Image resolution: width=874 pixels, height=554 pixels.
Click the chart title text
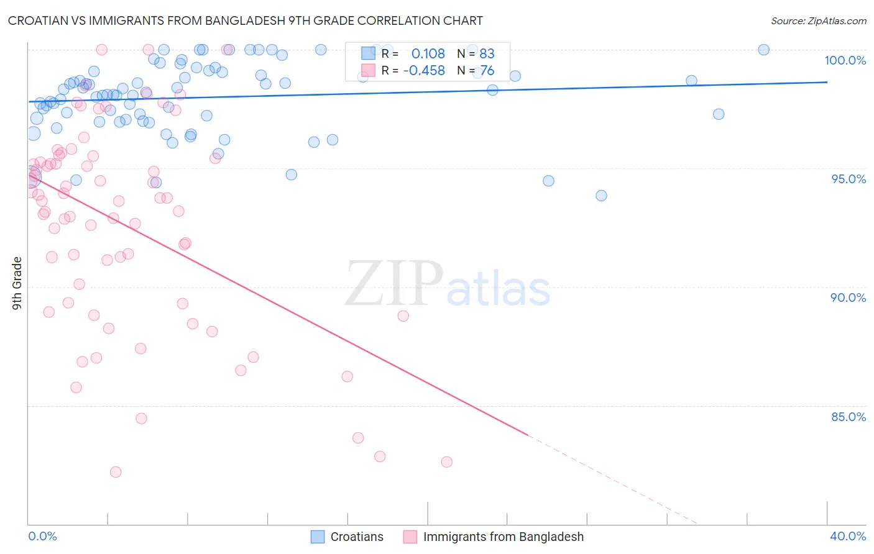[246, 21]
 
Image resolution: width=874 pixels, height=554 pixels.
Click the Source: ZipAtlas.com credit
[818, 21]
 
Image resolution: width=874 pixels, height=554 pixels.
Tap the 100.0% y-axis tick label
[845, 60]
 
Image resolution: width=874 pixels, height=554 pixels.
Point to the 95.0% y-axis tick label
[849, 179]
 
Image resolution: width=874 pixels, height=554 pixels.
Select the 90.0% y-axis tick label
[848, 297]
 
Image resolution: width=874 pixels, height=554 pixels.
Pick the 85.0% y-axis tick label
[849, 417]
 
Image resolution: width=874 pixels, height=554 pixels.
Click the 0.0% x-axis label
[42, 536]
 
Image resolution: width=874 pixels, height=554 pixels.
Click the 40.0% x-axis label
[848, 536]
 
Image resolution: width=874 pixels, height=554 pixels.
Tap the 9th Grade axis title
[17, 283]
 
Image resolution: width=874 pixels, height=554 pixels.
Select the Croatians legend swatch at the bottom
[318, 537]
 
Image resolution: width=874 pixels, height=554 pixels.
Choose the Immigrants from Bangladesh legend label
[504, 537]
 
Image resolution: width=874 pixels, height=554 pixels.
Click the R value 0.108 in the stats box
[428, 53]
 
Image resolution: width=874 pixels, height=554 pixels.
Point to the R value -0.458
[424, 71]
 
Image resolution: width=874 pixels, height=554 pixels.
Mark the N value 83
[487, 53]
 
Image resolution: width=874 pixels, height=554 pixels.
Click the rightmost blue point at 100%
[763, 50]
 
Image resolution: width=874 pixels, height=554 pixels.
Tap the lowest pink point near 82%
[116, 472]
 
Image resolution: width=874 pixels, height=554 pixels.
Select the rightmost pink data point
[446, 462]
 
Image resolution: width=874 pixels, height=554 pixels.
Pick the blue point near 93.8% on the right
[601, 196]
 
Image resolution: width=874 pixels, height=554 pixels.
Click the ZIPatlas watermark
[448, 284]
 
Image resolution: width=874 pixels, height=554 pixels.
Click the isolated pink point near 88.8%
[403, 316]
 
